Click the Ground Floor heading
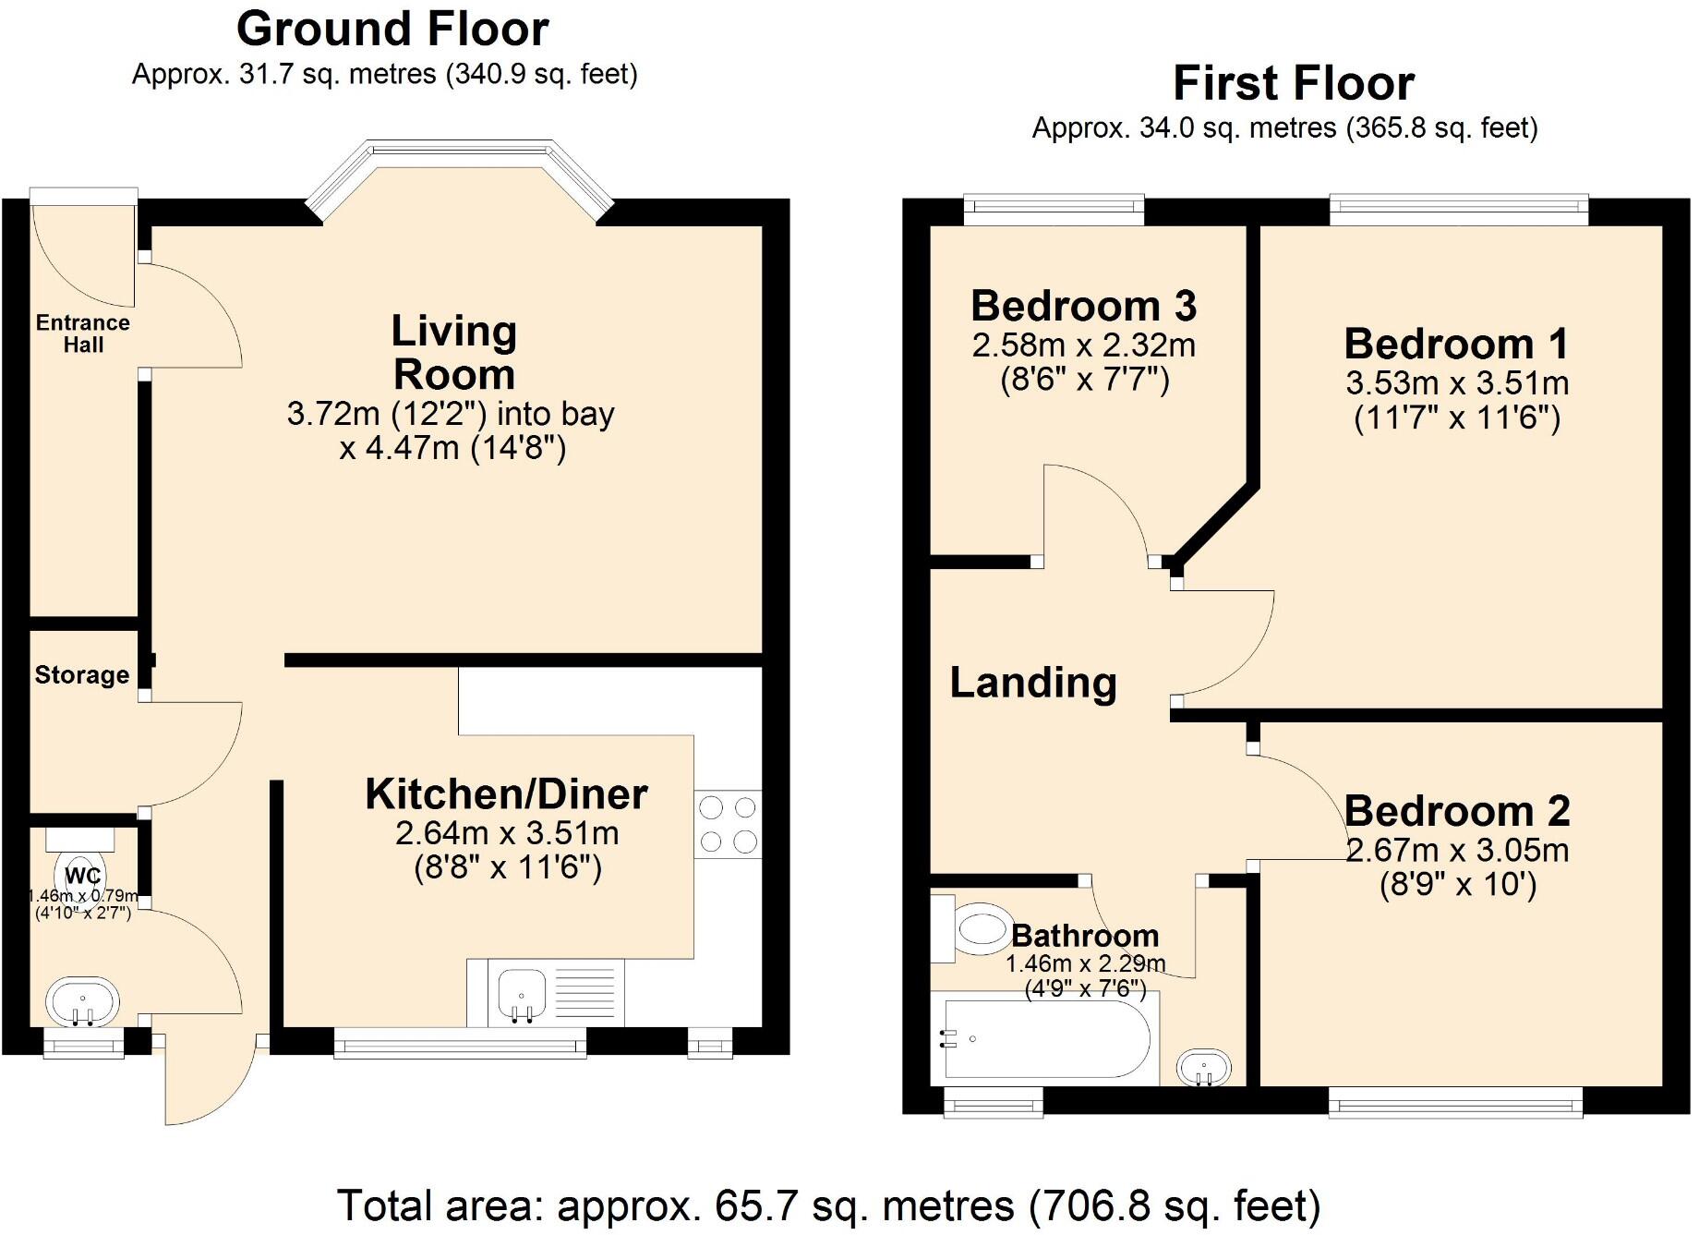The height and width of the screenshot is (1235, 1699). tap(392, 29)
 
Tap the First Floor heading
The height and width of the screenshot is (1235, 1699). tap(1293, 83)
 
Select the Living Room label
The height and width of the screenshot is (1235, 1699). tap(453, 352)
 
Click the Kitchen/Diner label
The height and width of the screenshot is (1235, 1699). tap(506, 794)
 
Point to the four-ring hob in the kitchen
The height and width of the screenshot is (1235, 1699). tap(728, 824)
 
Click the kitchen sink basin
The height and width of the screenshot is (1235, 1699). tap(522, 994)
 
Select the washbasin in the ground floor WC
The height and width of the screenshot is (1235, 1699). tap(82, 1001)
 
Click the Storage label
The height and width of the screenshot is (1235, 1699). tap(82, 675)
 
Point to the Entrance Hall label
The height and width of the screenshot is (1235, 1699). tap(83, 333)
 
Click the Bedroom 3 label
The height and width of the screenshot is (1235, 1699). tap(1083, 306)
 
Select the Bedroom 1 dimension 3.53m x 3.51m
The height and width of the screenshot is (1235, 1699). tap(1457, 382)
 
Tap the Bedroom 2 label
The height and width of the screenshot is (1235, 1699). tap(1456, 811)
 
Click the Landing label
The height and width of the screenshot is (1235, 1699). tap(1032, 683)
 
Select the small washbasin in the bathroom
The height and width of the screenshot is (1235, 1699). tap(1204, 1068)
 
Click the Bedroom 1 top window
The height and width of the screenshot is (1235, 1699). tap(1458, 210)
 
